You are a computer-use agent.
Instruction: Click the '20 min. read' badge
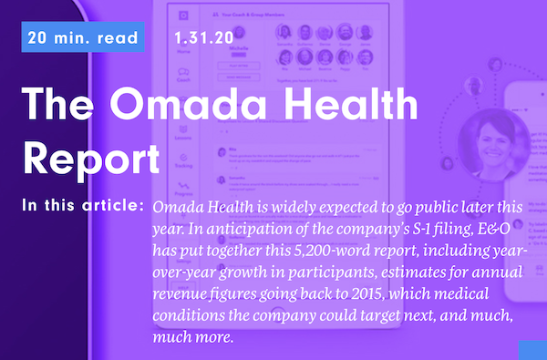83,38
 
